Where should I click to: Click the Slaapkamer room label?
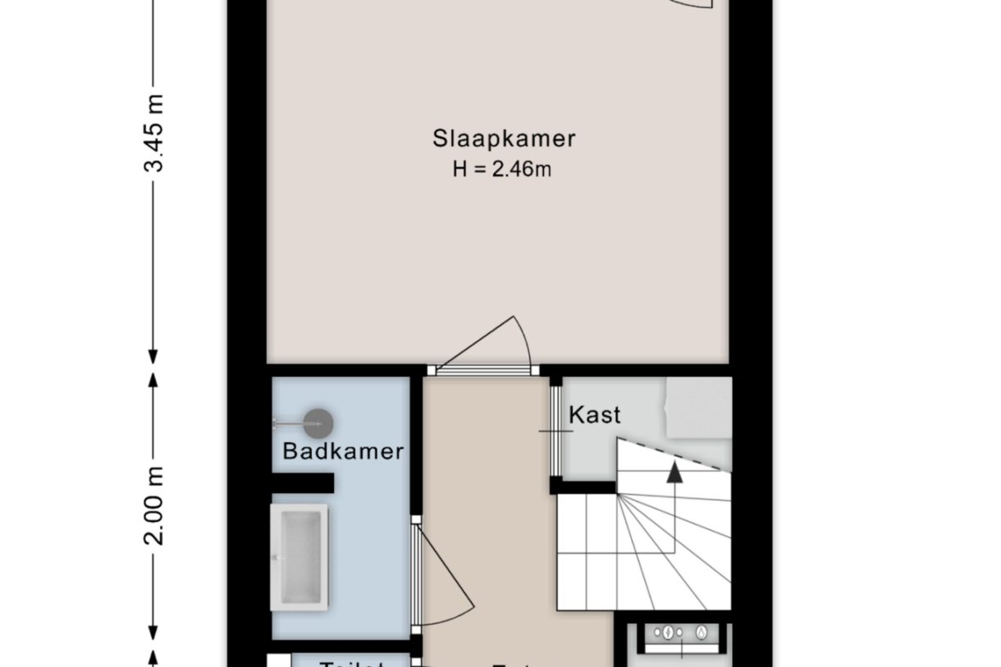pyautogui.click(x=504, y=139)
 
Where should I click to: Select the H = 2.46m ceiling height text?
pyautogui.click(x=501, y=169)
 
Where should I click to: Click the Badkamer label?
pyautogui.click(x=343, y=451)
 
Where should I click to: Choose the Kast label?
pyautogui.click(x=595, y=415)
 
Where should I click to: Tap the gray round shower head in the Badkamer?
pyautogui.click(x=318, y=423)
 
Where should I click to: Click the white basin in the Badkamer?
pyautogui.click(x=299, y=556)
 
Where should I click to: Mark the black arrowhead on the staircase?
pyautogui.click(x=674, y=472)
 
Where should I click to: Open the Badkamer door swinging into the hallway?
pyautogui.click(x=443, y=574)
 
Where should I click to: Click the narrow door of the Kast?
pyautogui.click(x=555, y=430)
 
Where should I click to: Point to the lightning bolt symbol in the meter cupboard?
pyautogui.click(x=670, y=633)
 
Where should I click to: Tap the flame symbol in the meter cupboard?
pyautogui.click(x=702, y=633)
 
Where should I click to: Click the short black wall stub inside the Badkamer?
pyautogui.click(x=304, y=483)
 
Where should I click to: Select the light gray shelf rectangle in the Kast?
pyautogui.click(x=697, y=408)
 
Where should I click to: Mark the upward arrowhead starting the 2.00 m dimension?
pyautogui.click(x=153, y=380)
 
